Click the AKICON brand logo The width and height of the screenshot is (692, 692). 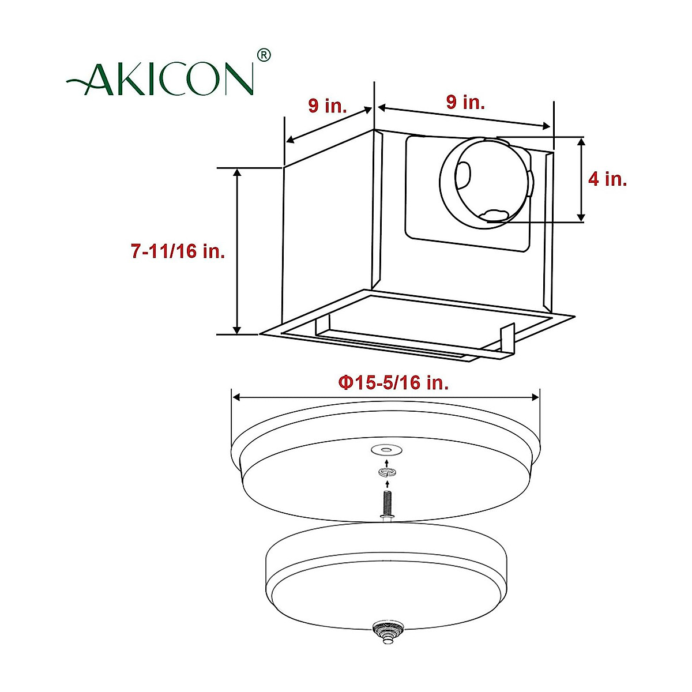[x=161, y=78]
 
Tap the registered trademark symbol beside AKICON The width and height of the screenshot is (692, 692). [x=264, y=55]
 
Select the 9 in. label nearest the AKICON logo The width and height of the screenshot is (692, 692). [x=328, y=106]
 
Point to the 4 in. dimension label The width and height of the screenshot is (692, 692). [x=607, y=179]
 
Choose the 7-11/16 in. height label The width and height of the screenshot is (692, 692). [x=178, y=251]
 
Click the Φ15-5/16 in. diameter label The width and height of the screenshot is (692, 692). [x=393, y=382]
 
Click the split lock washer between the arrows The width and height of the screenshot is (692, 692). [x=386, y=473]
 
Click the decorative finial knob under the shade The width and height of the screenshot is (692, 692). [x=385, y=629]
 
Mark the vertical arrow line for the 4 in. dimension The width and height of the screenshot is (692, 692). [x=581, y=179]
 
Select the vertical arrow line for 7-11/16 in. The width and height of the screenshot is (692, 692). [x=237, y=251]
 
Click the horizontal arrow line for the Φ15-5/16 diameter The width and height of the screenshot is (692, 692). [x=385, y=397]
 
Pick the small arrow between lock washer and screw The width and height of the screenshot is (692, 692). [x=386, y=483]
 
